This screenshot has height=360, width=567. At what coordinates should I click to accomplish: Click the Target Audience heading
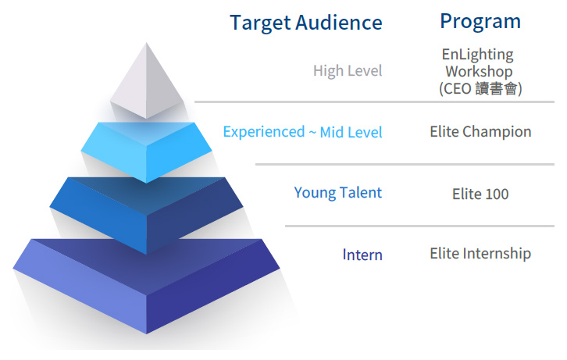306,23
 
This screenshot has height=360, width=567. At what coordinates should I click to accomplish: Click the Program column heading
480,22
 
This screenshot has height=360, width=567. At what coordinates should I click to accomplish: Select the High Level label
348,71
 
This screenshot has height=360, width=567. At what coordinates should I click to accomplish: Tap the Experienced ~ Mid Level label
303,132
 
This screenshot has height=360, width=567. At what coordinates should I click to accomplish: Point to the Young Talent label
337,193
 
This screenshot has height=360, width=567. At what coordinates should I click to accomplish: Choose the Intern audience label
362,255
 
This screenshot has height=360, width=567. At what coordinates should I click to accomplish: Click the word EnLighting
478,55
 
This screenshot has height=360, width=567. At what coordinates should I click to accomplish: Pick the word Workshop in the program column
479,72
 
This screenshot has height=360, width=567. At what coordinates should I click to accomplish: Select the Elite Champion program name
480,131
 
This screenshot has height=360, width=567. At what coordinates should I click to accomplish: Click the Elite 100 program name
480,194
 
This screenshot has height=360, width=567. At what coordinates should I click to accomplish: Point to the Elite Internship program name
480,253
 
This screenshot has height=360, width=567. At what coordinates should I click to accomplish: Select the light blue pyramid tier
146,151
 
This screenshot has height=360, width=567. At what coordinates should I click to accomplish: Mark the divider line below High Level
374,102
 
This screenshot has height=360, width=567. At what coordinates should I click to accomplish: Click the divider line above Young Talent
405,164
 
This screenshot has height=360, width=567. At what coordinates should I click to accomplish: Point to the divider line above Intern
419,226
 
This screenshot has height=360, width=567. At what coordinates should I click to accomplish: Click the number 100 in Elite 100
497,194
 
